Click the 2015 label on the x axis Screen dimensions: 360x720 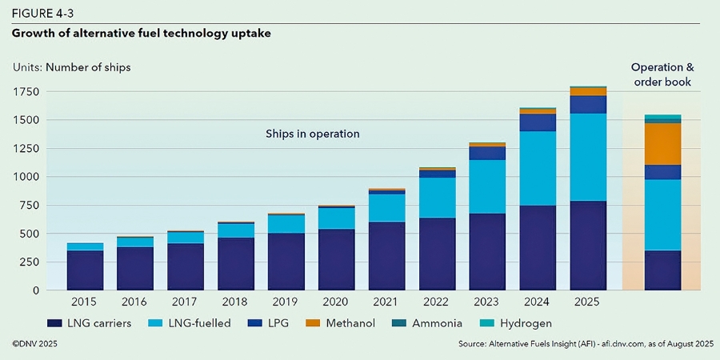point(85,302)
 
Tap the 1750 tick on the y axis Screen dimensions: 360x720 point(26,92)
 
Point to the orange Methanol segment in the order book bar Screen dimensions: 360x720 point(662,144)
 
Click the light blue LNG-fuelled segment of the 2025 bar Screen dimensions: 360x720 point(588,157)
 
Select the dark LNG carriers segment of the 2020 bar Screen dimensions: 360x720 point(337,259)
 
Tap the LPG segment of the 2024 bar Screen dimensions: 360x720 point(538,122)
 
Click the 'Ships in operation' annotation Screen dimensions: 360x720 point(312,134)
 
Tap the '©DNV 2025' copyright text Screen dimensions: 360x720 point(35,343)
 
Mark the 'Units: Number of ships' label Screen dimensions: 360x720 point(71,67)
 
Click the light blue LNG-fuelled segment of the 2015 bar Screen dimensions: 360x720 point(85,246)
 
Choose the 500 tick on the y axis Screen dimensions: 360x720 point(30,234)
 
